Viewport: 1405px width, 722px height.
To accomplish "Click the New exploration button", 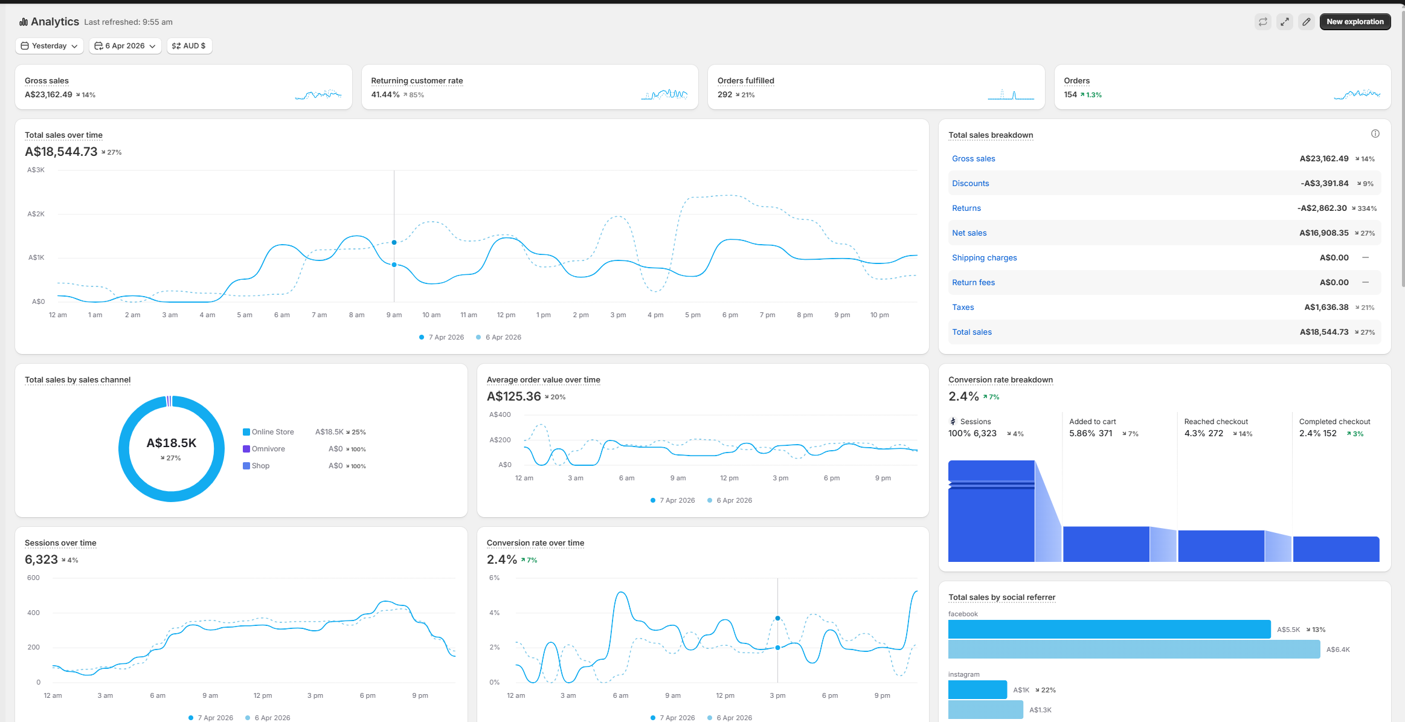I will pos(1355,22).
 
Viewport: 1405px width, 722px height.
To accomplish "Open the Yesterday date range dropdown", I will pos(50,46).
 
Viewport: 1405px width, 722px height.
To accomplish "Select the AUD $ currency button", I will pos(189,46).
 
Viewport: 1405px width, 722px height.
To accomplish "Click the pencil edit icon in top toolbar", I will pos(1307,22).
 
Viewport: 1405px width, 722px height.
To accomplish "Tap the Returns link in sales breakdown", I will pos(966,208).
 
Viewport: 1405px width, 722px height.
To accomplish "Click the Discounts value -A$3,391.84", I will pos(1324,184).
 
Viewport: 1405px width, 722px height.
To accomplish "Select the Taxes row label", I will pos(963,308).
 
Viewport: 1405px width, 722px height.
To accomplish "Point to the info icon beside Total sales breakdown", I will pos(1375,134).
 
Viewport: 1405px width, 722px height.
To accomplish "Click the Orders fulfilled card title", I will pos(745,81).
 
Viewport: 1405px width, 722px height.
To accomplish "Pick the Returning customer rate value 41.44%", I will pos(385,95).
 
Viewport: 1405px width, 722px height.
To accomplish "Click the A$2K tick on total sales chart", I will pos(36,214).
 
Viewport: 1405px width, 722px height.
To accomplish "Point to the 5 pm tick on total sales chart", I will pos(693,315).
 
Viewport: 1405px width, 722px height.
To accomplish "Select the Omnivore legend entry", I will pos(268,449).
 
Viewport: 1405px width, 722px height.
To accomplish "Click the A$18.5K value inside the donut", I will pos(172,443).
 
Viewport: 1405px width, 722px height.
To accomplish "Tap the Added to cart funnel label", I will pos(1092,422).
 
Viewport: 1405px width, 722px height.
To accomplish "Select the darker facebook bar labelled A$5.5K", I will pos(1109,629).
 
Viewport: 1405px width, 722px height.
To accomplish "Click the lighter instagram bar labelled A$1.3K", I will pos(985,709).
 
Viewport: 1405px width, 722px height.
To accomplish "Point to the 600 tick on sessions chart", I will pos(34,578).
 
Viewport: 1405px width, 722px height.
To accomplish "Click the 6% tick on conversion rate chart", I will pos(494,578).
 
